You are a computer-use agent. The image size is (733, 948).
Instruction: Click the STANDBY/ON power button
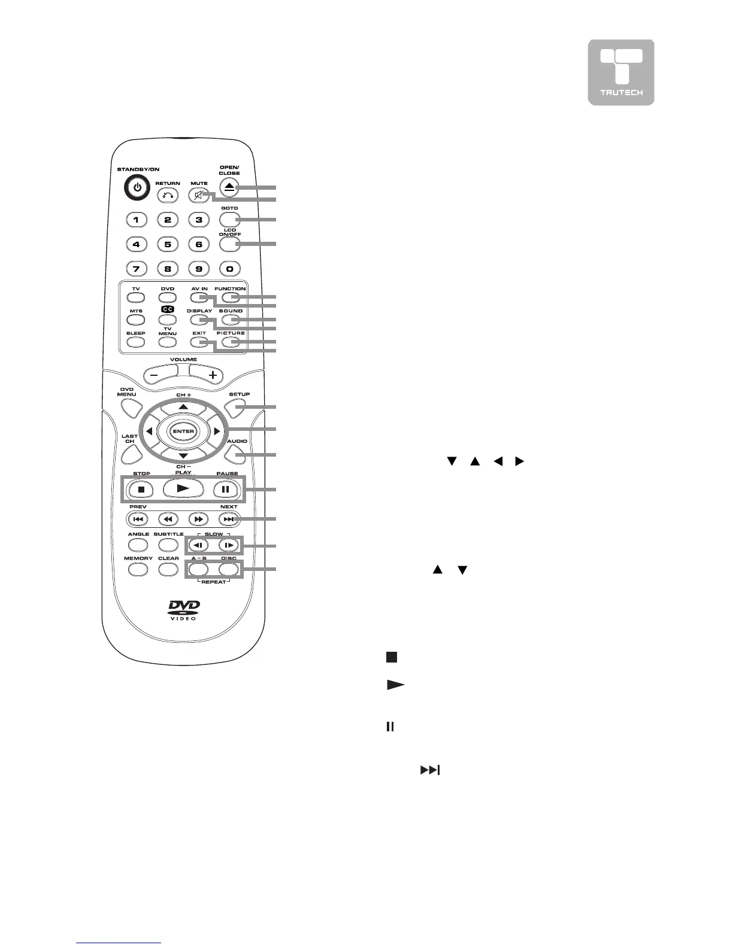click(x=138, y=188)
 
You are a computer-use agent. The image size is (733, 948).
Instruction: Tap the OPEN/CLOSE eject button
click(x=229, y=187)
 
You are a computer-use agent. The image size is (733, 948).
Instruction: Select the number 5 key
click(x=168, y=244)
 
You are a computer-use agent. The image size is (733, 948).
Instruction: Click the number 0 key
click(x=229, y=269)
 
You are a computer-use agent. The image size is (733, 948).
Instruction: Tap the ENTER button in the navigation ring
click(x=183, y=432)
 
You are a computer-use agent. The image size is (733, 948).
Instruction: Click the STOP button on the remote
click(x=141, y=489)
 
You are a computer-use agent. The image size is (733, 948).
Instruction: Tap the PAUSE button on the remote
click(x=226, y=489)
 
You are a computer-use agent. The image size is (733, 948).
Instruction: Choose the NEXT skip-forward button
click(x=229, y=519)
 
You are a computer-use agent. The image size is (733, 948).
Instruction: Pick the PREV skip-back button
click(x=137, y=519)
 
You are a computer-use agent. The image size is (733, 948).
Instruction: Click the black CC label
click(x=168, y=309)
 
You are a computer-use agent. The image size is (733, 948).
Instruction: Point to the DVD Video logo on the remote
click(x=183, y=610)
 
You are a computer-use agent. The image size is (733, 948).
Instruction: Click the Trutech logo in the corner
click(x=620, y=72)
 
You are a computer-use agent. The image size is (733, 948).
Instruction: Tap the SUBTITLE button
click(x=168, y=545)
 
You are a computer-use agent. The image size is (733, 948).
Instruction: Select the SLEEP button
click(x=136, y=342)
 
